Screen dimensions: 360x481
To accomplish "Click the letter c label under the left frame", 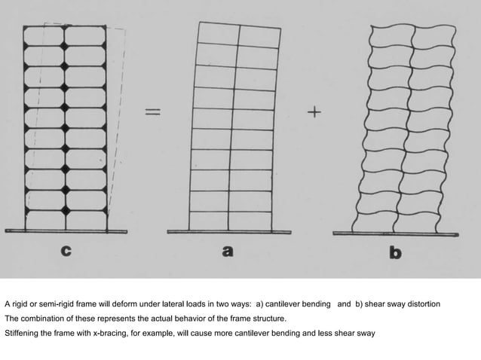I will tap(67, 253).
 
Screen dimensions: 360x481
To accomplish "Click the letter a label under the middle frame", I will tap(228, 253).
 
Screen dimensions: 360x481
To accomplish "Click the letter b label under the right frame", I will tap(395, 253).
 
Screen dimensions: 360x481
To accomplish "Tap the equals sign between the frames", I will tap(153, 112).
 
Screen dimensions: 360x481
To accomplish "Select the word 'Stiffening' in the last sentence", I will tap(22, 332).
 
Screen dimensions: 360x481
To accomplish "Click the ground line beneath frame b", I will tap(395, 233).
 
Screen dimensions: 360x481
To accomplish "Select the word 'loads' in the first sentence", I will tap(215, 304).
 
